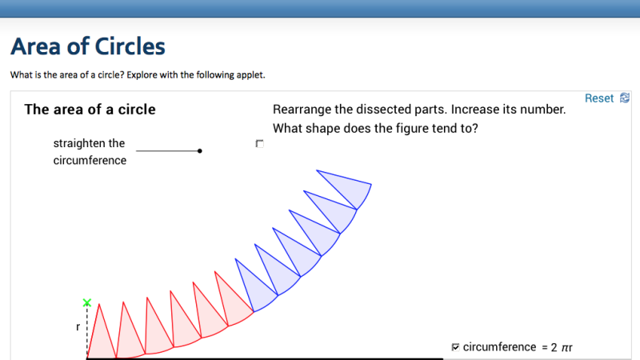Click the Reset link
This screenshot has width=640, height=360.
tap(598, 98)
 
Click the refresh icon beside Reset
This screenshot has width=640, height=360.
tap(625, 98)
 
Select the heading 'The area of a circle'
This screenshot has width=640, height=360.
tap(90, 110)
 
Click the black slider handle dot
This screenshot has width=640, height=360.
tap(199, 150)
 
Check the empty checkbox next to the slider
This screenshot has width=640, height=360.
tap(259, 144)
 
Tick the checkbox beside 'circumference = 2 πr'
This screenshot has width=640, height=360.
tap(455, 347)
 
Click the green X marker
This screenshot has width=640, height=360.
tap(87, 303)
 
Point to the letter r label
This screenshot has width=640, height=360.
tap(78, 327)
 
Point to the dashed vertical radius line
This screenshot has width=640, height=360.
tap(87, 328)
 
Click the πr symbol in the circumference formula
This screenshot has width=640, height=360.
tap(566, 347)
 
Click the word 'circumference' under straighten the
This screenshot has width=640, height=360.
tap(90, 160)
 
